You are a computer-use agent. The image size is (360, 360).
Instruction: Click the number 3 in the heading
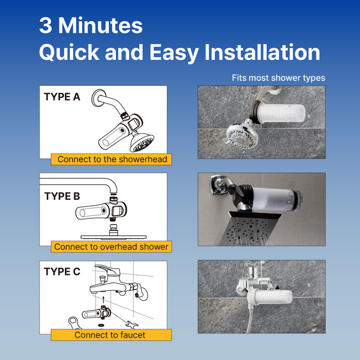tap(46, 25)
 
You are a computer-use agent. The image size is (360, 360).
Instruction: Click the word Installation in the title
tap(262, 52)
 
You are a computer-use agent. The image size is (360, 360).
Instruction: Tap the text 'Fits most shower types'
tap(278, 78)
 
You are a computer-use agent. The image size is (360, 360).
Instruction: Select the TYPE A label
tap(62, 97)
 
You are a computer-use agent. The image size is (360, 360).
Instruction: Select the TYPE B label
tap(62, 196)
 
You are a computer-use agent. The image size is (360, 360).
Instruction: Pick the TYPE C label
tap(62, 271)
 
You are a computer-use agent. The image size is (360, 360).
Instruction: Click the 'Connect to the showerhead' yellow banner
tap(112, 159)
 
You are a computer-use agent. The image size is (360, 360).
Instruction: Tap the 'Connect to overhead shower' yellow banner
tap(112, 247)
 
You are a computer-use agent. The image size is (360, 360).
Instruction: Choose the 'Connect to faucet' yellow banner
tap(112, 335)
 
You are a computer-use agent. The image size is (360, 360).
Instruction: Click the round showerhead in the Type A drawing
tap(142, 143)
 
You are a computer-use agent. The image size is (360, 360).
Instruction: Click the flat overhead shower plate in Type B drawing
tap(113, 236)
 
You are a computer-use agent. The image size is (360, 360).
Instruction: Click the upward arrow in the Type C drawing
tap(104, 299)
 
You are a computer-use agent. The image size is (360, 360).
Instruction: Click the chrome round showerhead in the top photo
tap(242, 136)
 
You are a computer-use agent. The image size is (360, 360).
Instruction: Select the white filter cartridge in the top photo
tap(281, 113)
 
